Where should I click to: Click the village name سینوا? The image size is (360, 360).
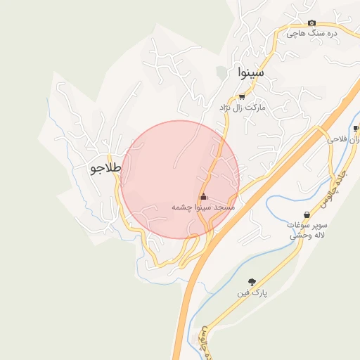[x=250, y=71]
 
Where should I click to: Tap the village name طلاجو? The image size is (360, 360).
[x=106, y=169]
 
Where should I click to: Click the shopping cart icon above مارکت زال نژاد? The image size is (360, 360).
[x=242, y=97]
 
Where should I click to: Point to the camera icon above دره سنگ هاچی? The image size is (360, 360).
[x=312, y=22]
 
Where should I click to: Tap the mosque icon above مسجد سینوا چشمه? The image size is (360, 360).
[x=204, y=196]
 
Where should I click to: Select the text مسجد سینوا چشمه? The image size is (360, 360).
[x=203, y=208]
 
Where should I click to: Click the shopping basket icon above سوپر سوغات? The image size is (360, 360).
[x=306, y=214]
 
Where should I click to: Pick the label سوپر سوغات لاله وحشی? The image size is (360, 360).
[x=306, y=231]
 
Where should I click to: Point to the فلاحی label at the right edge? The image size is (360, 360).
[x=344, y=140]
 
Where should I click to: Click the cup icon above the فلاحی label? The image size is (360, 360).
[x=356, y=128]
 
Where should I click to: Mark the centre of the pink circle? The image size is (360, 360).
[x=180, y=179]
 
